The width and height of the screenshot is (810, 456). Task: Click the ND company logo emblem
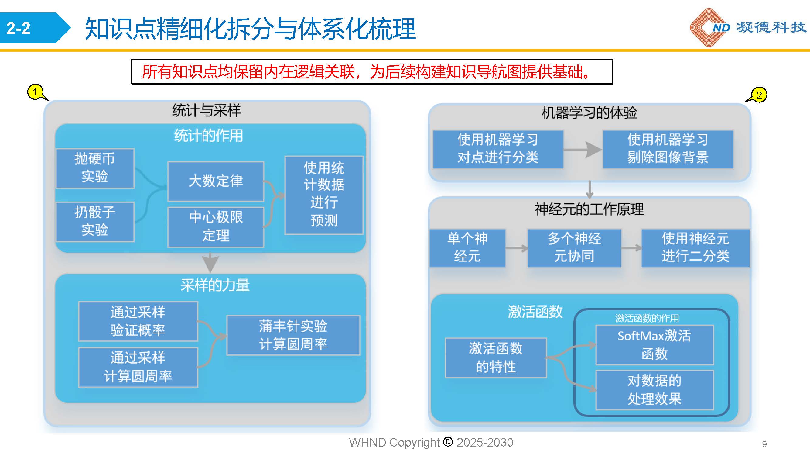point(709,27)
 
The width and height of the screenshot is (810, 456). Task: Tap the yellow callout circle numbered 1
point(35,92)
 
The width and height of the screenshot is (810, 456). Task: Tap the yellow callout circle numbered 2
point(759,95)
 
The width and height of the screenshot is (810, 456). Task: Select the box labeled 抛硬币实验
point(95,168)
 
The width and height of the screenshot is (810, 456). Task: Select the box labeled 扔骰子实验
point(95,222)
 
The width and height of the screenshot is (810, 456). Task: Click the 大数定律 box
point(216,181)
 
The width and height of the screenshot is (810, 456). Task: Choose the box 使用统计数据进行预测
point(324,195)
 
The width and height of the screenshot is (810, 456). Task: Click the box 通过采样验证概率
point(138,321)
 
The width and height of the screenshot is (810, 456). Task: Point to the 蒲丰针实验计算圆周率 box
point(293,335)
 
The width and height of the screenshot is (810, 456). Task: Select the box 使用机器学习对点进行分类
point(498,149)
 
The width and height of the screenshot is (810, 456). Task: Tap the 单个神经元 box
point(467,248)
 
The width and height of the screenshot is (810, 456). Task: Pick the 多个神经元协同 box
point(574,248)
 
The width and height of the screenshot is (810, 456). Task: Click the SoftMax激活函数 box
point(655,345)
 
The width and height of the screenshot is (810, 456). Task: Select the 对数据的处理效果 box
point(655,390)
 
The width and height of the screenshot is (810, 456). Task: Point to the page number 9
point(764,444)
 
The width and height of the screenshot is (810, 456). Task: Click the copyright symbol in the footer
point(448,442)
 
